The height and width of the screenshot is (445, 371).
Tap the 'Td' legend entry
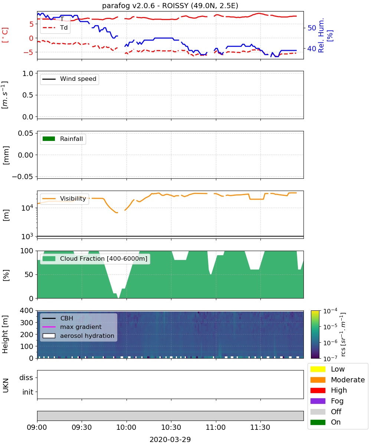[55, 28]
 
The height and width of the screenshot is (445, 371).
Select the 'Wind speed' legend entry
[69, 79]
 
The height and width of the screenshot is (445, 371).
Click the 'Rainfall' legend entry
[63, 139]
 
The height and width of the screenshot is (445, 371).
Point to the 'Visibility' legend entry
[64, 198]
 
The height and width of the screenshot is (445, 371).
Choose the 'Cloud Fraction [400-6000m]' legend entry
[95, 258]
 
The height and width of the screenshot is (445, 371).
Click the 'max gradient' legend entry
[72, 327]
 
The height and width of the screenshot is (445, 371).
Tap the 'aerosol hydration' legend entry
[78, 336]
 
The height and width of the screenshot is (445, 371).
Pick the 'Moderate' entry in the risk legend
[338, 380]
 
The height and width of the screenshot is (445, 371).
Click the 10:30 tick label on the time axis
[171, 427]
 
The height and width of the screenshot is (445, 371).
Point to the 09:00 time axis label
[37, 427]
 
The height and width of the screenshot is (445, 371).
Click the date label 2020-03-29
[170, 439]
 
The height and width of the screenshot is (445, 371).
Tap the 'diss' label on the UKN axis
[26, 378]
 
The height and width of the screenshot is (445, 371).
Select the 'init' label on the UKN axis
[28, 392]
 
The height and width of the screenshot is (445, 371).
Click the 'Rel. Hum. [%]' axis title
[325, 35]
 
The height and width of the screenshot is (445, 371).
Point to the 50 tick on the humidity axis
[312, 28]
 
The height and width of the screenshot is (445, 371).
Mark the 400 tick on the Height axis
[26, 310]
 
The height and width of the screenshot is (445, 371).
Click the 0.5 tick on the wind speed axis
[28, 95]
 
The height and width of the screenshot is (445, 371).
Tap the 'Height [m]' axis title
[5, 334]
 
